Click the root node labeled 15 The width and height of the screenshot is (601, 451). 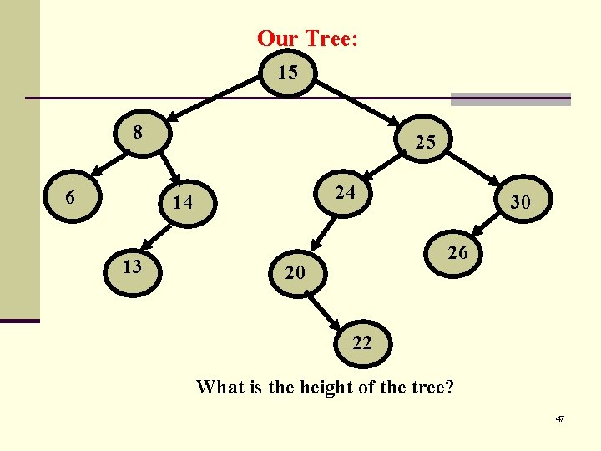coord(287,73)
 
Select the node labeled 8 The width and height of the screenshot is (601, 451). coord(139,132)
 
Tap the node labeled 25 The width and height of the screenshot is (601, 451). coord(425,142)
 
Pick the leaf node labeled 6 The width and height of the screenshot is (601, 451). coord(72,198)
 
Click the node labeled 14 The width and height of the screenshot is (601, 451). coord(182,202)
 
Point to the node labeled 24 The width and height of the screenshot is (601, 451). coord(345,193)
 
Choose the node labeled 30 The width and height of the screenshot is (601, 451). coord(520,202)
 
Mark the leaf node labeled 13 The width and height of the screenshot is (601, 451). coord(131,266)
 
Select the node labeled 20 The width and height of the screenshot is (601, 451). coord(295,272)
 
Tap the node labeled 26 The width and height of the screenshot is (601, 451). coord(456,252)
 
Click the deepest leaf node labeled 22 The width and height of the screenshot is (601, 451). coord(361,342)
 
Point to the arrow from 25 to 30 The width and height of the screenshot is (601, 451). coord(476,170)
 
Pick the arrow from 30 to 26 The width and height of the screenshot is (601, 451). coord(483,223)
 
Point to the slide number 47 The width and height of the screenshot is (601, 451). coord(559,418)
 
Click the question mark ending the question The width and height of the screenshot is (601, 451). coord(451,388)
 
